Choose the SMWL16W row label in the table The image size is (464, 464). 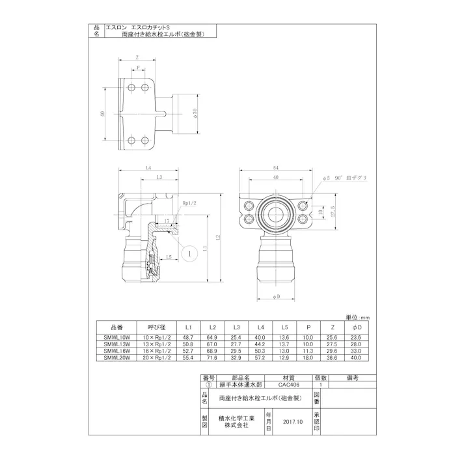119,351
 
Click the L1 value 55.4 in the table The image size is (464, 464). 189,357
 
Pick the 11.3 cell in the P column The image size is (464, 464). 307,351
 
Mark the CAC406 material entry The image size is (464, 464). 288,385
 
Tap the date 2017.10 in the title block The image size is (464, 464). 293,421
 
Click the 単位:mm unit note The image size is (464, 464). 356,317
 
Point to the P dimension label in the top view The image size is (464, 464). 138,67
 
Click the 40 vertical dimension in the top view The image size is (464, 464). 103,113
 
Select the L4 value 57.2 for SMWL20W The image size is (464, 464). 260,357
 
